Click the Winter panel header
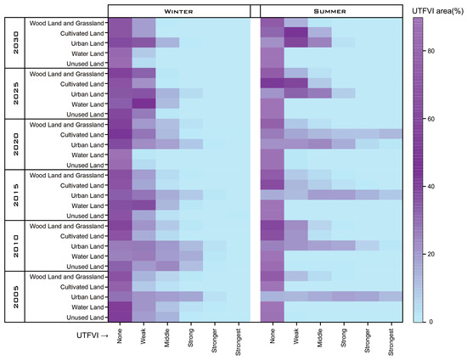tap(178, 9)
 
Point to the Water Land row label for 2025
tap(84, 104)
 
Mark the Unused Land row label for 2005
tap(82, 317)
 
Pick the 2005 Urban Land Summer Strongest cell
tap(391, 296)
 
